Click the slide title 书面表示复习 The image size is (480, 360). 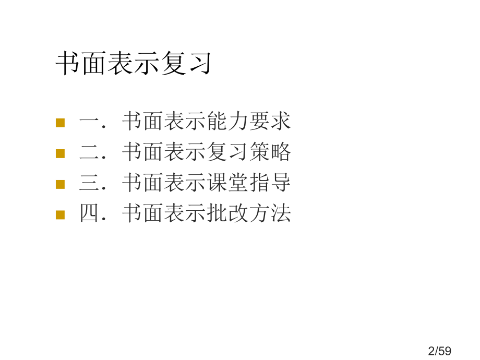click(134, 63)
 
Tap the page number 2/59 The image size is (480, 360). click(440, 351)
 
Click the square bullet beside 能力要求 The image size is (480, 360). click(61, 123)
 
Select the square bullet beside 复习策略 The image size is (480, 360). click(61, 153)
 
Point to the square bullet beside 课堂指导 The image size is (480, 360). click(61, 184)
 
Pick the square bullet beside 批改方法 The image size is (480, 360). click(61, 215)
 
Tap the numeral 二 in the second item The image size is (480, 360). click(89, 152)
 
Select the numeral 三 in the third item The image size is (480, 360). click(89, 183)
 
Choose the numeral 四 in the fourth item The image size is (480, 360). click(89, 213)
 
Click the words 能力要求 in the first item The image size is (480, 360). click(248, 121)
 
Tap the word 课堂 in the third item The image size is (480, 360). click(227, 183)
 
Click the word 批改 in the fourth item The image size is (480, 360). click(227, 213)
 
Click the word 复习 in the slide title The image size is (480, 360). click(186, 63)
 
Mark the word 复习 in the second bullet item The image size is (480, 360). click(227, 152)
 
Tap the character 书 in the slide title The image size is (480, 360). click(68, 63)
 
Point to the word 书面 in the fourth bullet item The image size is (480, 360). click(142, 213)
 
